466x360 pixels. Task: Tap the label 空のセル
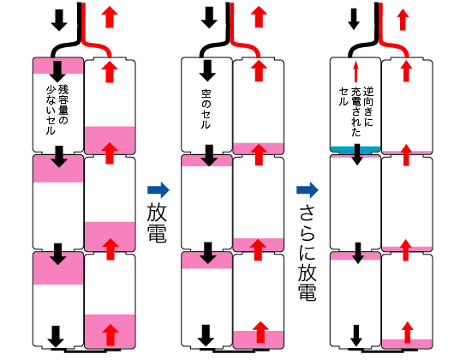(206, 110)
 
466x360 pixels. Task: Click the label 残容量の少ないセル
(57, 110)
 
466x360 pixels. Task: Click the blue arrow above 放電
(158, 190)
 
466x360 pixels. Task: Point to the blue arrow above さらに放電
(308, 190)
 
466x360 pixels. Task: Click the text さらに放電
(308, 253)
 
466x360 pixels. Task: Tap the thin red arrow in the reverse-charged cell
(355, 71)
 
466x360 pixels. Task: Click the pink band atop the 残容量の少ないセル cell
(58, 66)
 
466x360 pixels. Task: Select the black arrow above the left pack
(59, 20)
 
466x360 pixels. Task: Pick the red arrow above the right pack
(403, 20)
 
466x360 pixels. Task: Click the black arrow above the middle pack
(209, 17)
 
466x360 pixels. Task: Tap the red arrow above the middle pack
(259, 17)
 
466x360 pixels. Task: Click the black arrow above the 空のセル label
(207, 71)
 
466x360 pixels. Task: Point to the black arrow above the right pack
(354, 20)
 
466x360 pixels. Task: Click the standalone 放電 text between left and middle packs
(157, 222)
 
